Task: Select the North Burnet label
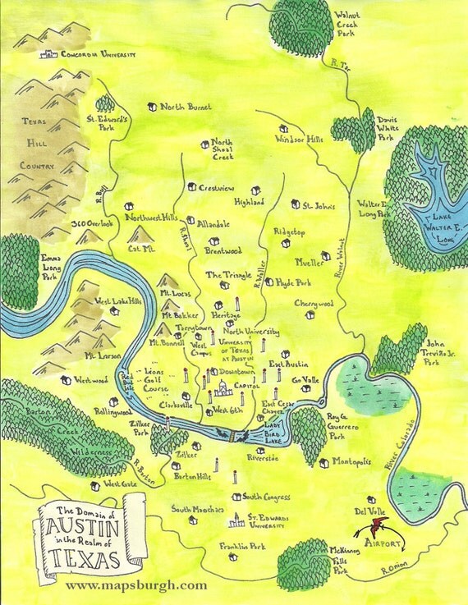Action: pos(186,107)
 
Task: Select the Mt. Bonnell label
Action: pos(166,342)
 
